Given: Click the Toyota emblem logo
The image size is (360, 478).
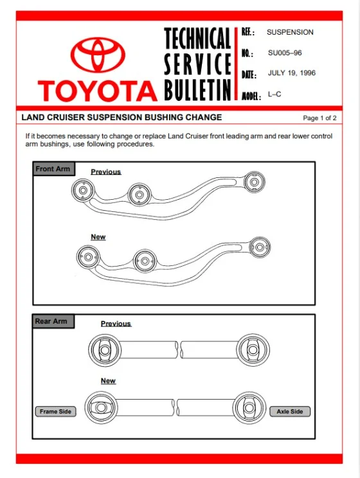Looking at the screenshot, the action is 98,55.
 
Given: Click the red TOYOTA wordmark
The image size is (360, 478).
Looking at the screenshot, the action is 98,91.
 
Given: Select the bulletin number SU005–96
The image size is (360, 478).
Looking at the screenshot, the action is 285,53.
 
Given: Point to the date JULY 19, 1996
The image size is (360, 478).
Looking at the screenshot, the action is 292,73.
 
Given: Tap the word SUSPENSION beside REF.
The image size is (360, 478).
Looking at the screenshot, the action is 290,32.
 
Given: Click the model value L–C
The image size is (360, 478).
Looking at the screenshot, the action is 274,94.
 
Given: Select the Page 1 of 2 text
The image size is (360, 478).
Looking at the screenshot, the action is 319,118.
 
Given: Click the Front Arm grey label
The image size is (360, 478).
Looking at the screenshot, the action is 54,168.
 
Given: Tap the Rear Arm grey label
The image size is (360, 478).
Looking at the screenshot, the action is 53,321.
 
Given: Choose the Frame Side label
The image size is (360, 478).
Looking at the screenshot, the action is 55,411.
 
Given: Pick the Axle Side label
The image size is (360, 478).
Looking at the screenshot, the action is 290,411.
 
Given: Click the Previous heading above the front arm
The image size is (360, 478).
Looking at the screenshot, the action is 106,172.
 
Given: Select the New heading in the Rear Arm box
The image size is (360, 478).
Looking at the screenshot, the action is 108,381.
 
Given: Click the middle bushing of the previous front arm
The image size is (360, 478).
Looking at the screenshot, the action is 139,195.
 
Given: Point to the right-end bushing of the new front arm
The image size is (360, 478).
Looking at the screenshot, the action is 260,247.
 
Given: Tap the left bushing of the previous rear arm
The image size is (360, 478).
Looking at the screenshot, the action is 105,350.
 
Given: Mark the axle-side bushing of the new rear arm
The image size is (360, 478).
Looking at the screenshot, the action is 249,407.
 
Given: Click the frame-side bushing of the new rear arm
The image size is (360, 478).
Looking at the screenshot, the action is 101,407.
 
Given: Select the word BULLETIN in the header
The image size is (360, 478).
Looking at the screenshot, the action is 197,90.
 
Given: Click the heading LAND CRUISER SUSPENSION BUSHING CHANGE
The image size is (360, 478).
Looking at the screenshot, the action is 122,118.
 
